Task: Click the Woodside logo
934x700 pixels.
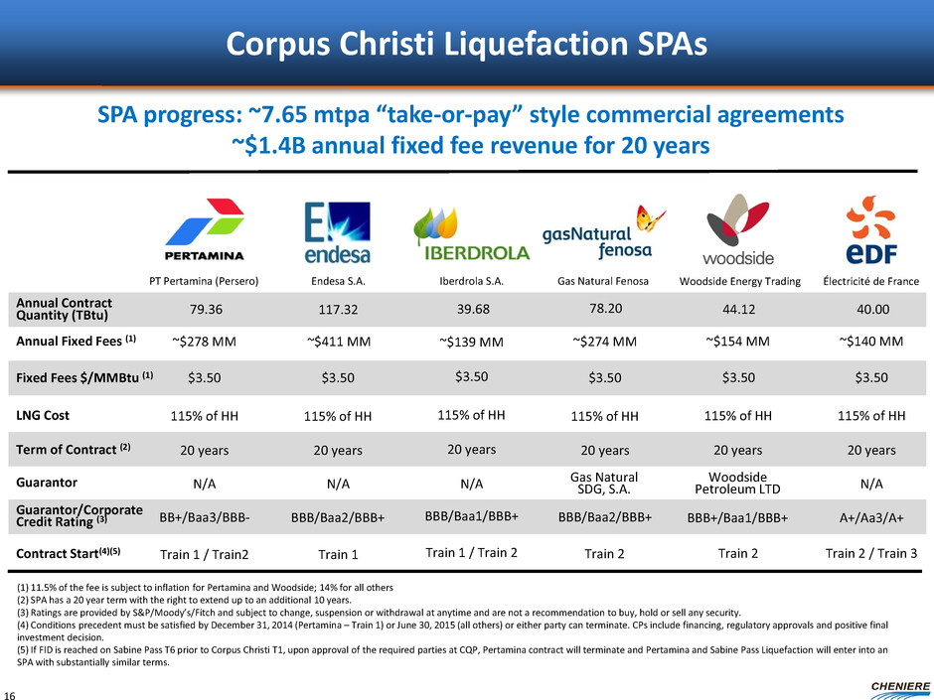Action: (738, 230)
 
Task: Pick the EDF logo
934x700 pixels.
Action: (871, 229)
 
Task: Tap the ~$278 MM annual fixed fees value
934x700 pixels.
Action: (204, 344)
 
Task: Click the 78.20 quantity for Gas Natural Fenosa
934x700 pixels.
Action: (604, 308)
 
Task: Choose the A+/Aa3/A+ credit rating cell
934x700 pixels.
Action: (871, 517)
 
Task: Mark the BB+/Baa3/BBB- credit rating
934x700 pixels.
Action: (204, 517)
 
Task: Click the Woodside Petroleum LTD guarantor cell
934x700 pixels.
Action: (738, 483)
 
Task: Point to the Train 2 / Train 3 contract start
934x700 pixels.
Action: (871, 552)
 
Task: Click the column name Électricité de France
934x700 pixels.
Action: (871, 281)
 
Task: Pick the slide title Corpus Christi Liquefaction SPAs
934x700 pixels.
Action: (466, 43)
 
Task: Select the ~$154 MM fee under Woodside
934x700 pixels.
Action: (738, 344)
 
